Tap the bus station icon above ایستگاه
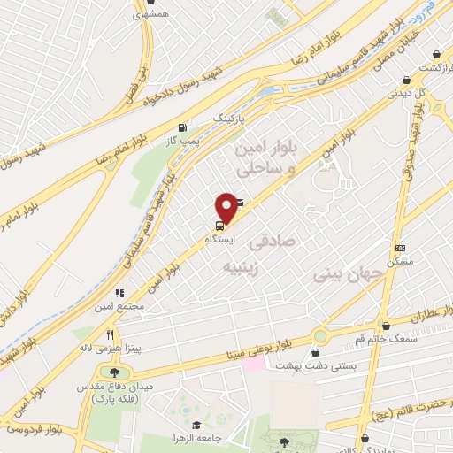219,225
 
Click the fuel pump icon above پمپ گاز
182,127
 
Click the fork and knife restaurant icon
111,335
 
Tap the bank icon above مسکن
401,249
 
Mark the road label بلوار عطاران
418,315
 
